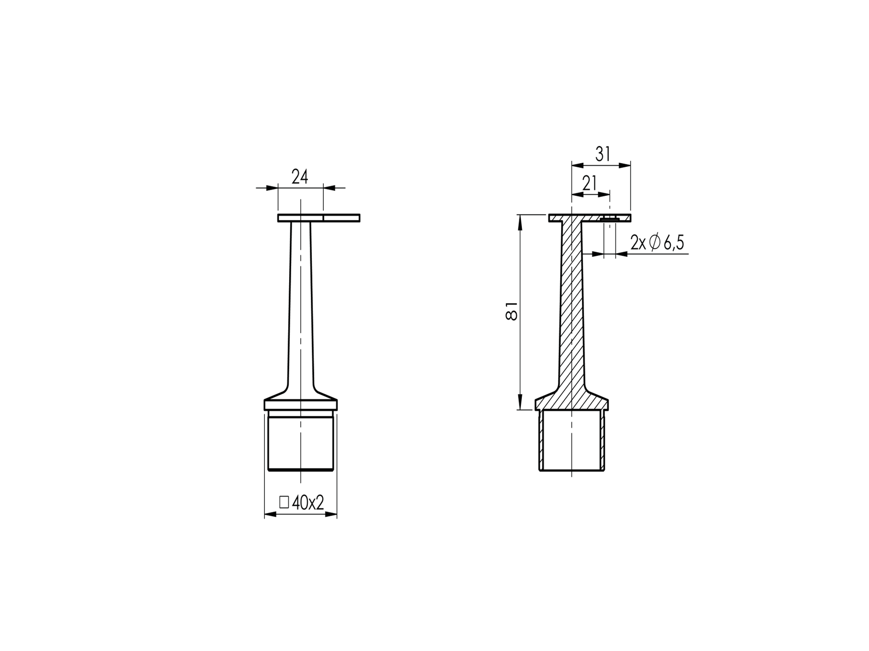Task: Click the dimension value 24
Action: (299, 177)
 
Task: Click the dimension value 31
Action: (602, 154)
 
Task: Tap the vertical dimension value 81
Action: (511, 311)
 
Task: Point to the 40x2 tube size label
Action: (308, 503)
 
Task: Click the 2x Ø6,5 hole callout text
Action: (657, 242)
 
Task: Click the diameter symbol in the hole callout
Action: (654, 242)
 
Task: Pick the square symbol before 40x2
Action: (283, 502)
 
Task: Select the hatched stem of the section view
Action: (572, 310)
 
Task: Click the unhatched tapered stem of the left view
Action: (300, 310)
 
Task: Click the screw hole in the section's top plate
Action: (610, 219)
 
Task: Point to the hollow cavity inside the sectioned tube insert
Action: (572, 442)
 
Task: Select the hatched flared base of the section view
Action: (572, 400)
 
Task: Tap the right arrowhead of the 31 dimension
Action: (627, 165)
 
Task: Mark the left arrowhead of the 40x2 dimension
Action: (268, 515)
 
